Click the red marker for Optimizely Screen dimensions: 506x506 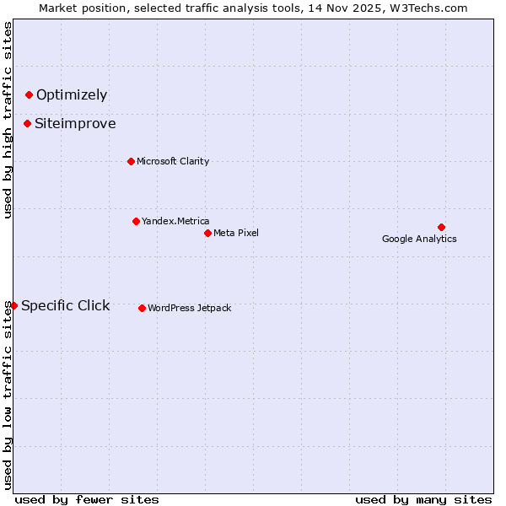[x=29, y=94]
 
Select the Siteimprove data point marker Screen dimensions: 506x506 [x=27, y=123]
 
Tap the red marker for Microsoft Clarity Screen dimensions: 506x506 [x=131, y=161]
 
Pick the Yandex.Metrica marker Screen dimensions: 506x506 [x=136, y=221]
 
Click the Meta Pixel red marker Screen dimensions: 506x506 [x=207, y=233]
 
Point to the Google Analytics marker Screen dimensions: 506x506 [x=441, y=227]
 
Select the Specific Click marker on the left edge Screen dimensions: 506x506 [x=14, y=305]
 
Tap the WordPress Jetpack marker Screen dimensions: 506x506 [x=142, y=308]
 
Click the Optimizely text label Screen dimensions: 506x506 [x=72, y=95]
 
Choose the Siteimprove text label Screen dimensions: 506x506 [x=75, y=124]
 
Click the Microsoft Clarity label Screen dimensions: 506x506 [x=173, y=162]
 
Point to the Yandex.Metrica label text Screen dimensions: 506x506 [x=175, y=222]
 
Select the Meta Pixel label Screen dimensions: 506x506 [x=236, y=234]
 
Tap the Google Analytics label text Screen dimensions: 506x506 [x=419, y=240]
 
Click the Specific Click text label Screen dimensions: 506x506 [x=66, y=306]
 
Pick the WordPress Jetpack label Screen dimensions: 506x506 [x=190, y=309]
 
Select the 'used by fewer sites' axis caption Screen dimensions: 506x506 [x=87, y=499]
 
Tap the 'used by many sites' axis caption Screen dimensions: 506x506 [x=423, y=499]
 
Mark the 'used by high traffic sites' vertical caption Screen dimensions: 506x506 [x=8, y=120]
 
